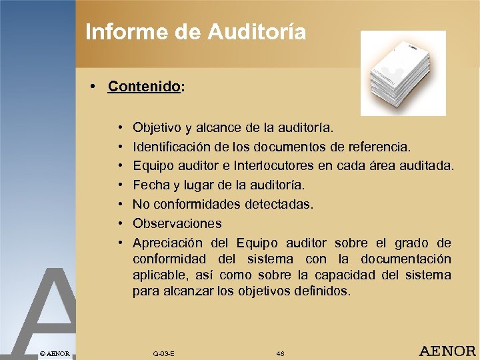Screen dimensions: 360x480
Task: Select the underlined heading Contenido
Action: coord(143,87)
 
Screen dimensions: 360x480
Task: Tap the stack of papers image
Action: coord(403,73)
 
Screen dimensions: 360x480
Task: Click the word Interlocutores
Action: coord(287,165)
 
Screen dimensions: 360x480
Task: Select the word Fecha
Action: coord(150,184)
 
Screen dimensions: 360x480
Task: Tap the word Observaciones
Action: coord(177,223)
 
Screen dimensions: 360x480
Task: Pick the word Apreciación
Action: coord(166,243)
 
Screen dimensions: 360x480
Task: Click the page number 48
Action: coord(281,353)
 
